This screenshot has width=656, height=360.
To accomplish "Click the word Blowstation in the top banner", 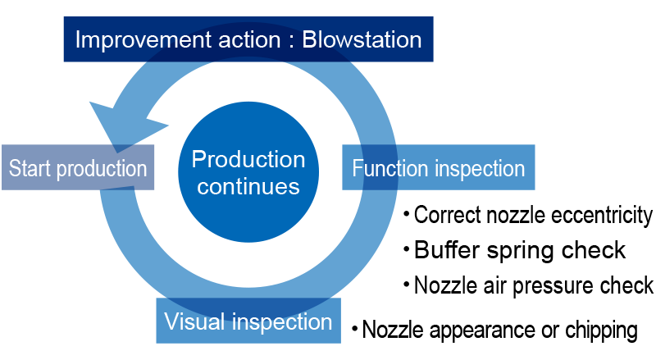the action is point(362,39).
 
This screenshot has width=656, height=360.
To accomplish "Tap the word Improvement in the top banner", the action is point(143,39).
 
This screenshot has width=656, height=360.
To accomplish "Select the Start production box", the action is point(78,167).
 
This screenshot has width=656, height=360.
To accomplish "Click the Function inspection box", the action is point(439,167).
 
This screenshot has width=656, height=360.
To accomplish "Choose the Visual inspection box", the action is point(248,321).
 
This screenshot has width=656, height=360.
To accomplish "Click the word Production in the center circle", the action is point(248,159).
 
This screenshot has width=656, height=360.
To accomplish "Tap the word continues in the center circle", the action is point(248,186).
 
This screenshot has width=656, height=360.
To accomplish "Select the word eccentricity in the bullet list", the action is point(602,216).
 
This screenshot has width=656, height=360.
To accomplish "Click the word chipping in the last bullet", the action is point(602,330).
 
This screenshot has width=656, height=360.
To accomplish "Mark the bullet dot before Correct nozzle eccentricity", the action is point(406,215).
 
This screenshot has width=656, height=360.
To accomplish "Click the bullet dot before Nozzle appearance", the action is point(355,329).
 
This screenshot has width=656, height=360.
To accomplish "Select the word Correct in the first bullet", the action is point(447,215).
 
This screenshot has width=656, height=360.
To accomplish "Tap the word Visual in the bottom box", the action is point(194,321).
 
